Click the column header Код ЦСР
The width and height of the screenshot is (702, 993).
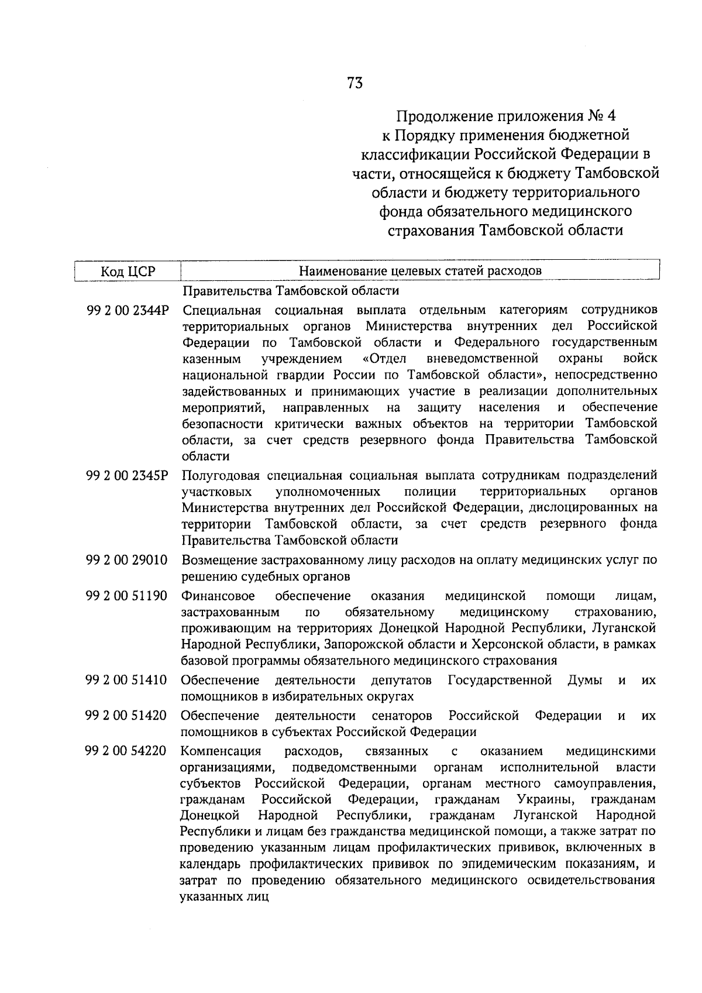pos(128,272)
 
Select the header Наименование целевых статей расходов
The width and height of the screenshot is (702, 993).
pos(420,271)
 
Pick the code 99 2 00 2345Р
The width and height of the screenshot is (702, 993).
pos(127,475)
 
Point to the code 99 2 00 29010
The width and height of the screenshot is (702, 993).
pos(127,561)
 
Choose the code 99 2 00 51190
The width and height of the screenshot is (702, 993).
pos(127,596)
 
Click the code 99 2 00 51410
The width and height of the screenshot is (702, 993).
pos(127,681)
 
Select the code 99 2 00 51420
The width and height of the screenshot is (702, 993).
pos(127,716)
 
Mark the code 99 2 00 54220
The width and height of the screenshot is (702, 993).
pos(127,751)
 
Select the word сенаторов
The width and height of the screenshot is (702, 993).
pos(402,716)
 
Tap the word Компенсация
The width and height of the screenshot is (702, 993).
pos(221,751)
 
